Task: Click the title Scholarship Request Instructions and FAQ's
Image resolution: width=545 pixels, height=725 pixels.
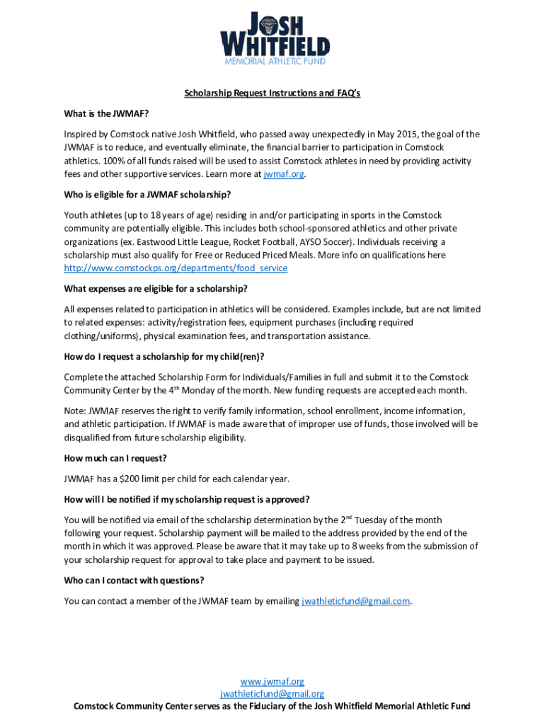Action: coord(272,93)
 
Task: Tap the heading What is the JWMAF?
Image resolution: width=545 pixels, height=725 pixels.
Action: coord(106,113)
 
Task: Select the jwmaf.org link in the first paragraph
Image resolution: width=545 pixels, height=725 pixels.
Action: coord(283,174)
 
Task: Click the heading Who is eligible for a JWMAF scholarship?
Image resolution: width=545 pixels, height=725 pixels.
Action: coord(147,195)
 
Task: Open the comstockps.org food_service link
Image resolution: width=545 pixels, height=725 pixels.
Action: coord(176,268)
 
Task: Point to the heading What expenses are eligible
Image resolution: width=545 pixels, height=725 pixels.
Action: coord(156,288)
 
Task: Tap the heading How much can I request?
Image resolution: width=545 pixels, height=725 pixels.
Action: coord(115,458)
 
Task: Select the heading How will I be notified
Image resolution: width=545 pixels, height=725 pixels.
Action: coord(187,499)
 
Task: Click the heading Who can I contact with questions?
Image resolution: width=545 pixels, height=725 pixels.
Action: coord(134,581)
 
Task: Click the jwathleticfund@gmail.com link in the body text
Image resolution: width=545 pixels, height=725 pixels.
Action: coord(356,601)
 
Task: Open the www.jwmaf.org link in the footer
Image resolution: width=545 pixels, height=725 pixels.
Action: coord(272,681)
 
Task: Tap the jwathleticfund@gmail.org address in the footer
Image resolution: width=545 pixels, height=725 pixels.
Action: coord(272,694)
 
